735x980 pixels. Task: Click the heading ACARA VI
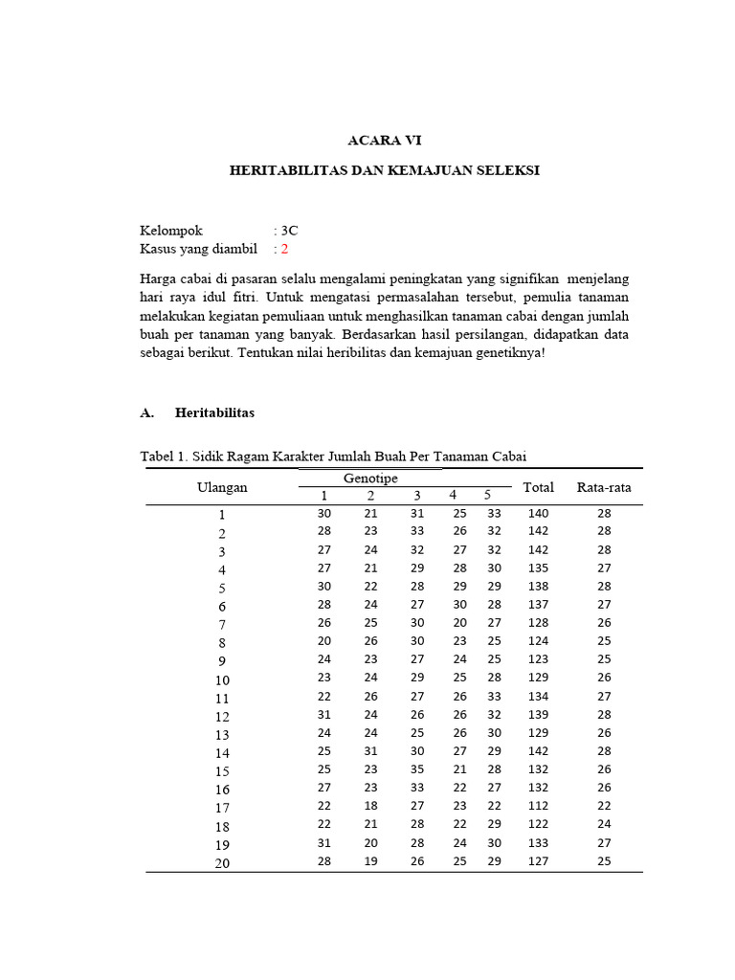coord(385,140)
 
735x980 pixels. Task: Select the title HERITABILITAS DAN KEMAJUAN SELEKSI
coord(385,170)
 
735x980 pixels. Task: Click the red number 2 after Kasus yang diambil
coord(283,249)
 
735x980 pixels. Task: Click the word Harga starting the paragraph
coord(159,278)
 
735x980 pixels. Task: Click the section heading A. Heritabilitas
coord(197,413)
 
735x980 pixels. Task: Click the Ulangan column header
coord(222,487)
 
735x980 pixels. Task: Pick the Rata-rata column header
coord(604,487)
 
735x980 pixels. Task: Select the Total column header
coord(538,487)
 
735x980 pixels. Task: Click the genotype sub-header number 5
coord(486,495)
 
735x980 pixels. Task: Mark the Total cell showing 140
coord(538,514)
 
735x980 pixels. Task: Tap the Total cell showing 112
coord(538,807)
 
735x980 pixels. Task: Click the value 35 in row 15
coord(416,770)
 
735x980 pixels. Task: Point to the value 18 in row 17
coord(370,807)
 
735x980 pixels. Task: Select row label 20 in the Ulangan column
coord(222,863)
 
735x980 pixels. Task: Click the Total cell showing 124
coord(538,642)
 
